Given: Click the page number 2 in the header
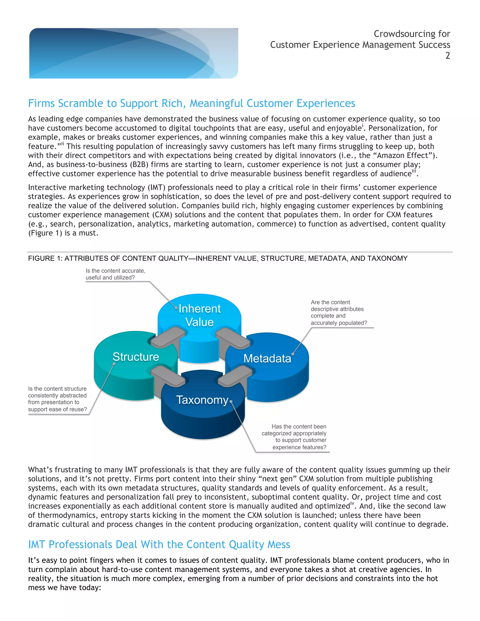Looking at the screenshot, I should [448, 56].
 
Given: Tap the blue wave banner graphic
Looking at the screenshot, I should [134, 53].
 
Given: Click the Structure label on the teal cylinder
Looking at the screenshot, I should [136, 357].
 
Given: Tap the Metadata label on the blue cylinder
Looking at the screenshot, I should [267, 359].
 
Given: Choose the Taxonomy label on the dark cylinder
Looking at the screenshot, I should [202, 400].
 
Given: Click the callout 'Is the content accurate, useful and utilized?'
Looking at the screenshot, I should [116, 274].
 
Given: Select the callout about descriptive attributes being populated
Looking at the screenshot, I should [339, 312].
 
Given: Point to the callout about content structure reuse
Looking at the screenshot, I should [57, 399].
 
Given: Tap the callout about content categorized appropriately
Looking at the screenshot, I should [294, 437].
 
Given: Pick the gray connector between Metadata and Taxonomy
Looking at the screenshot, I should [235, 376].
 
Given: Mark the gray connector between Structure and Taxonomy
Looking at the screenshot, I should [168, 376].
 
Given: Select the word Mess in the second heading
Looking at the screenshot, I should [279, 545].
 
